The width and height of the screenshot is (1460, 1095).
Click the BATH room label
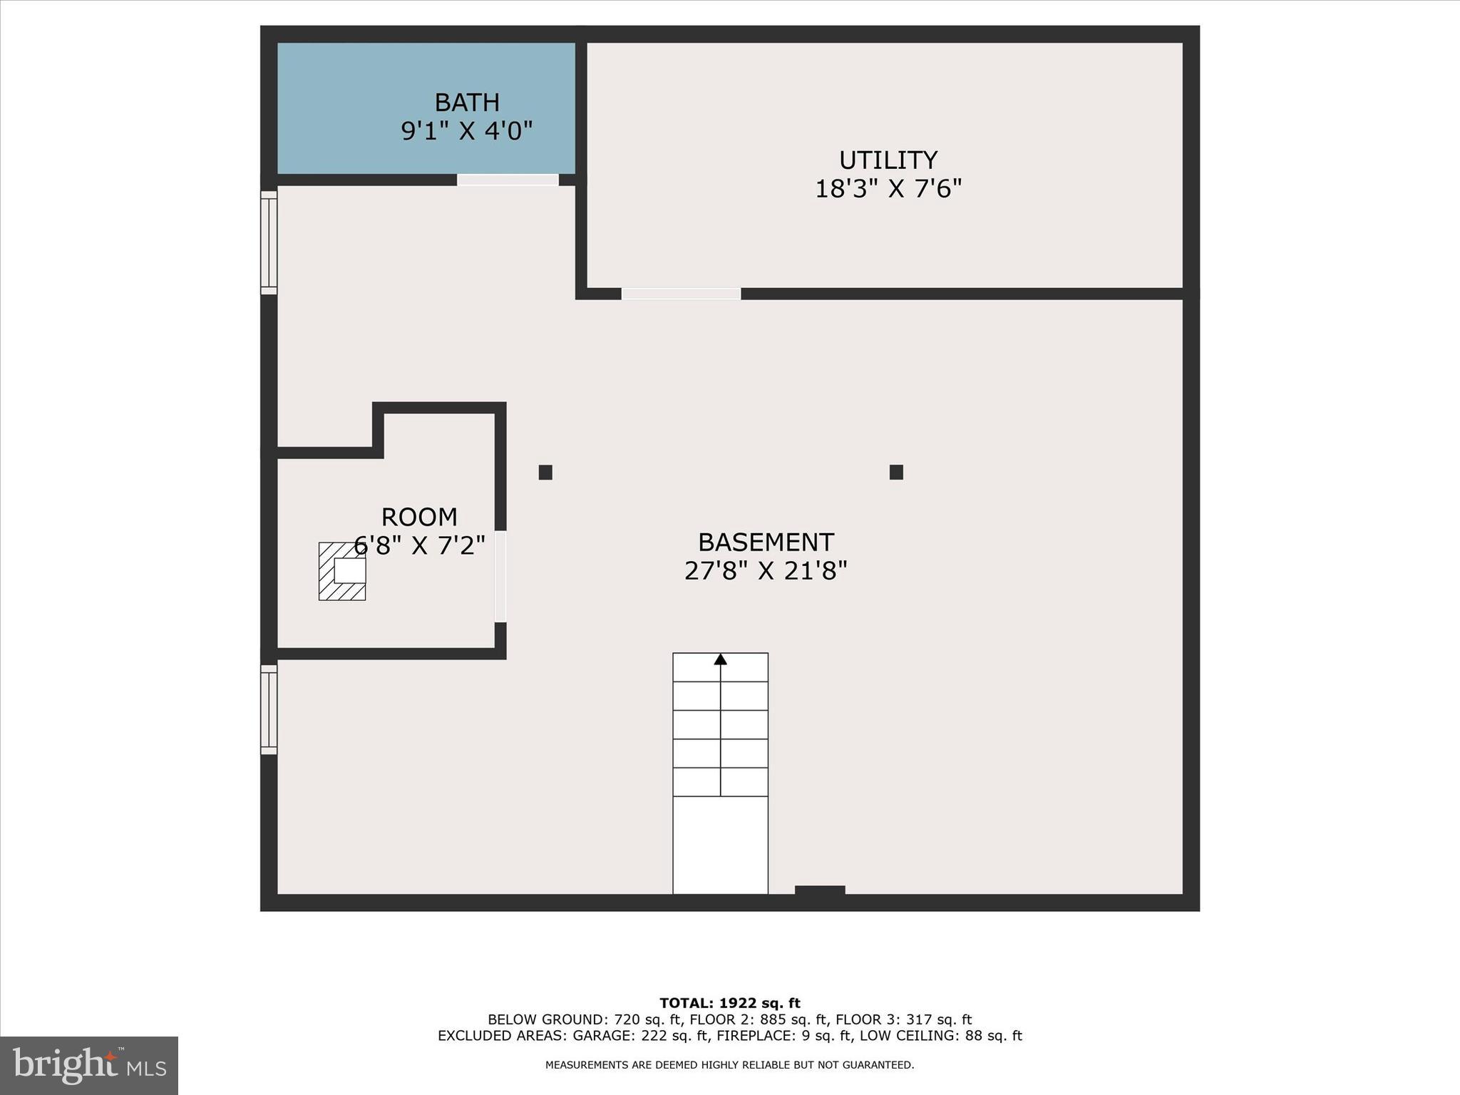(467, 103)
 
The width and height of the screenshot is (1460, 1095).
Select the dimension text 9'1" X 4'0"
(467, 131)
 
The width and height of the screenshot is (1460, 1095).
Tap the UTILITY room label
(888, 160)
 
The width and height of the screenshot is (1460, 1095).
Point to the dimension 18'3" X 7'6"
(888, 189)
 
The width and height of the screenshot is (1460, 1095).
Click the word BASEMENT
(766, 543)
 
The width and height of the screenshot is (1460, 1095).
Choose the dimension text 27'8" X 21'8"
(766, 571)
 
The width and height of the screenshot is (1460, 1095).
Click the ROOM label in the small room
(419, 517)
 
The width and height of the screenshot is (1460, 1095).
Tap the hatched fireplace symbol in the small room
(341, 571)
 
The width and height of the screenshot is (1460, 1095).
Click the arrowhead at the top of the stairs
(720, 659)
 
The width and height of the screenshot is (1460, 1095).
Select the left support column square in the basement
(545, 472)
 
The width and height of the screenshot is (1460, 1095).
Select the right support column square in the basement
(896, 472)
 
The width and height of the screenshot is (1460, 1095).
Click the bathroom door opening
(508, 180)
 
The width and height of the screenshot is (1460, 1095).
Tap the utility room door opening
(681, 294)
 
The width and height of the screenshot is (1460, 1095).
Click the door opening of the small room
(500, 576)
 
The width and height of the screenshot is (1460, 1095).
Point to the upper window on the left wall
(269, 242)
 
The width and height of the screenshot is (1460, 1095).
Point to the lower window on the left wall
(269, 709)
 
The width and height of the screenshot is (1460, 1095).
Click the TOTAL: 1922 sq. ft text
(729, 1003)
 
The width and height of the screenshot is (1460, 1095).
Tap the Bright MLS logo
(89, 1065)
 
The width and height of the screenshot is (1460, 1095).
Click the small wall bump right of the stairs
(820, 890)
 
